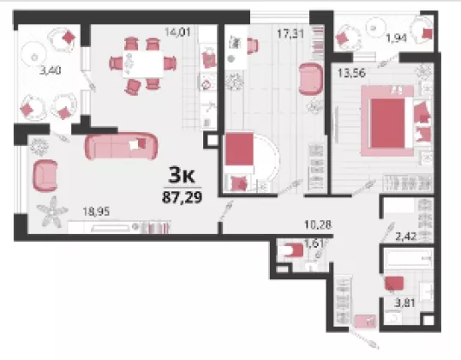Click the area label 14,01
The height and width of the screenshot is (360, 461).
point(177,32)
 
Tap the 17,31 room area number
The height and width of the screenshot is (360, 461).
point(290,33)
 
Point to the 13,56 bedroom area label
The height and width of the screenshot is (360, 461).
point(351,73)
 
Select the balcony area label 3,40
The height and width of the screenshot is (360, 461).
point(51,70)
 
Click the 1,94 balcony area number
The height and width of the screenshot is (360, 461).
point(397,38)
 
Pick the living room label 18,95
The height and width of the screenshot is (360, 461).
point(96,212)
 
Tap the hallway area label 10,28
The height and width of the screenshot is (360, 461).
point(318,225)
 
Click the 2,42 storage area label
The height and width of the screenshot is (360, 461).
point(406,237)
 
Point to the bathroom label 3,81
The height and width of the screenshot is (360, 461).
point(404,303)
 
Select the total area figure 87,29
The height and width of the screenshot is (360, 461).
point(183,196)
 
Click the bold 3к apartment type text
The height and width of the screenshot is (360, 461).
point(182,176)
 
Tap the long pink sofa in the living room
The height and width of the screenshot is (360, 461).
point(121,147)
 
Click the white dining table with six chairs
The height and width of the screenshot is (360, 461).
point(143,64)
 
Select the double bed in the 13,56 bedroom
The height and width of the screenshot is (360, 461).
point(387,121)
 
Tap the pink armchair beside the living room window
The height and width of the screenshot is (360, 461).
point(45,176)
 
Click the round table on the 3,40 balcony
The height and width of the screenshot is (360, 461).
point(33,57)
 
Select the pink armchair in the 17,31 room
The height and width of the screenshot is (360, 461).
point(311,79)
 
